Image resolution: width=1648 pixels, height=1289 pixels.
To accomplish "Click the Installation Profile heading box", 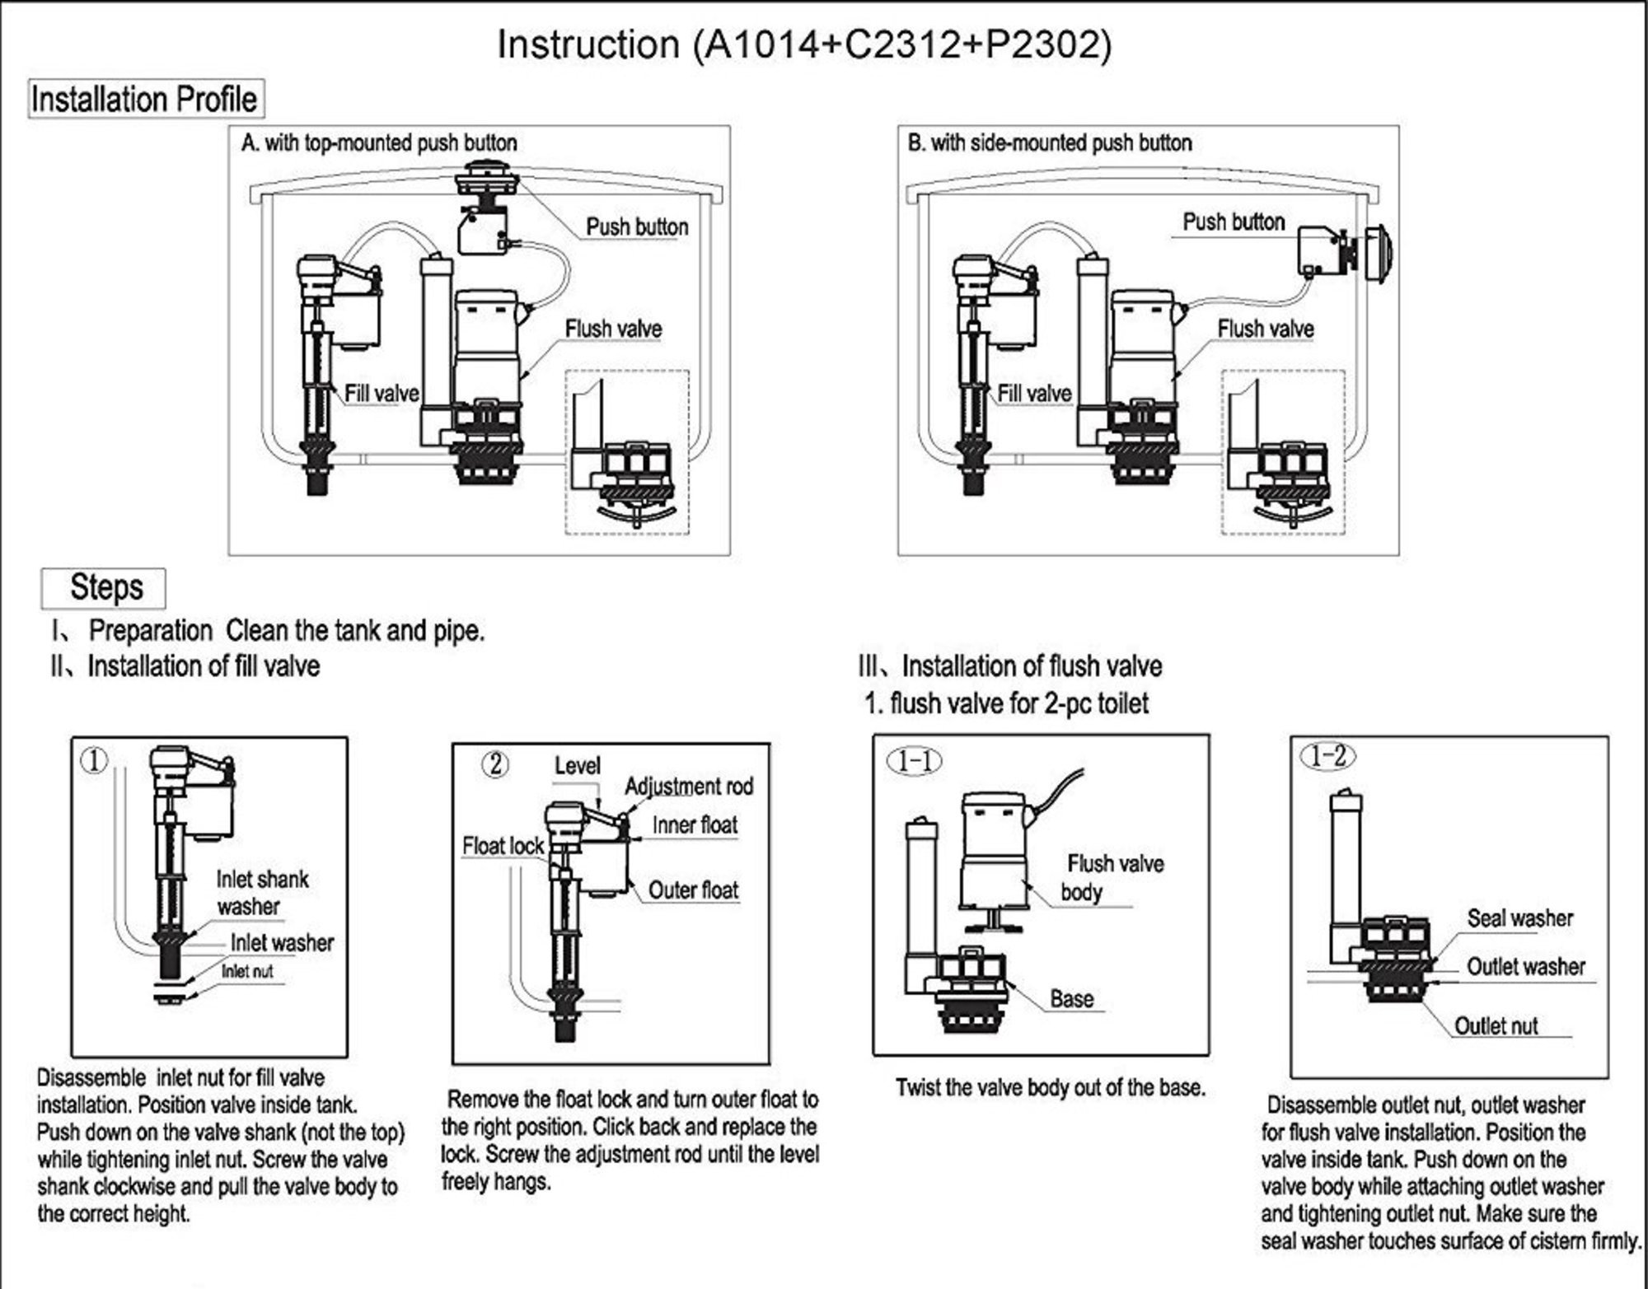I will point(145,99).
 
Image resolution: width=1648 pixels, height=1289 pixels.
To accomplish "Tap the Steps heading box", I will point(104,588).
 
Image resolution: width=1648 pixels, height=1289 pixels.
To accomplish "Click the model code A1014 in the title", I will point(758,44).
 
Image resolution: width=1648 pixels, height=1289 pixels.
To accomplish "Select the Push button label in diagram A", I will point(636,227).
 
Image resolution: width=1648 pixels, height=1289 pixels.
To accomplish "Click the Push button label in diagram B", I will point(1234,222).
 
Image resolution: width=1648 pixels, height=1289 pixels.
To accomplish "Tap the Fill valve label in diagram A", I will point(382,394).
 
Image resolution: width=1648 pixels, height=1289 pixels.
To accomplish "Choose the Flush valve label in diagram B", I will point(1266,329).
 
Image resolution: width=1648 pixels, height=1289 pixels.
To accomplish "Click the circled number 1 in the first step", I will point(93,760).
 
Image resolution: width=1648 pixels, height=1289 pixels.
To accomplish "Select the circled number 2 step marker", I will point(494,764).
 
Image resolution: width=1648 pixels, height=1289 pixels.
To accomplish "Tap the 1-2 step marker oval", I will point(1327,755).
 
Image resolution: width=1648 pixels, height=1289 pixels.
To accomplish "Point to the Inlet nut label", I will point(247,972).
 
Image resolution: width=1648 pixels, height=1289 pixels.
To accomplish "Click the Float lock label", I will point(503,846).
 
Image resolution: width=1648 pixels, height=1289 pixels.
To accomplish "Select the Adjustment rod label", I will point(689,787).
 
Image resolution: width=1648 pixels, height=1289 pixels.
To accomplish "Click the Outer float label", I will point(693,890).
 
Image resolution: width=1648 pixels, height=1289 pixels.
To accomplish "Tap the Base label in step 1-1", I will point(1071,999).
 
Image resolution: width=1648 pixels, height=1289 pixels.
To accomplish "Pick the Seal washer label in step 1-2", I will point(1519,918).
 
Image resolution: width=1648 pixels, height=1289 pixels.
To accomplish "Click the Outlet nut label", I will point(1496,1026).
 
